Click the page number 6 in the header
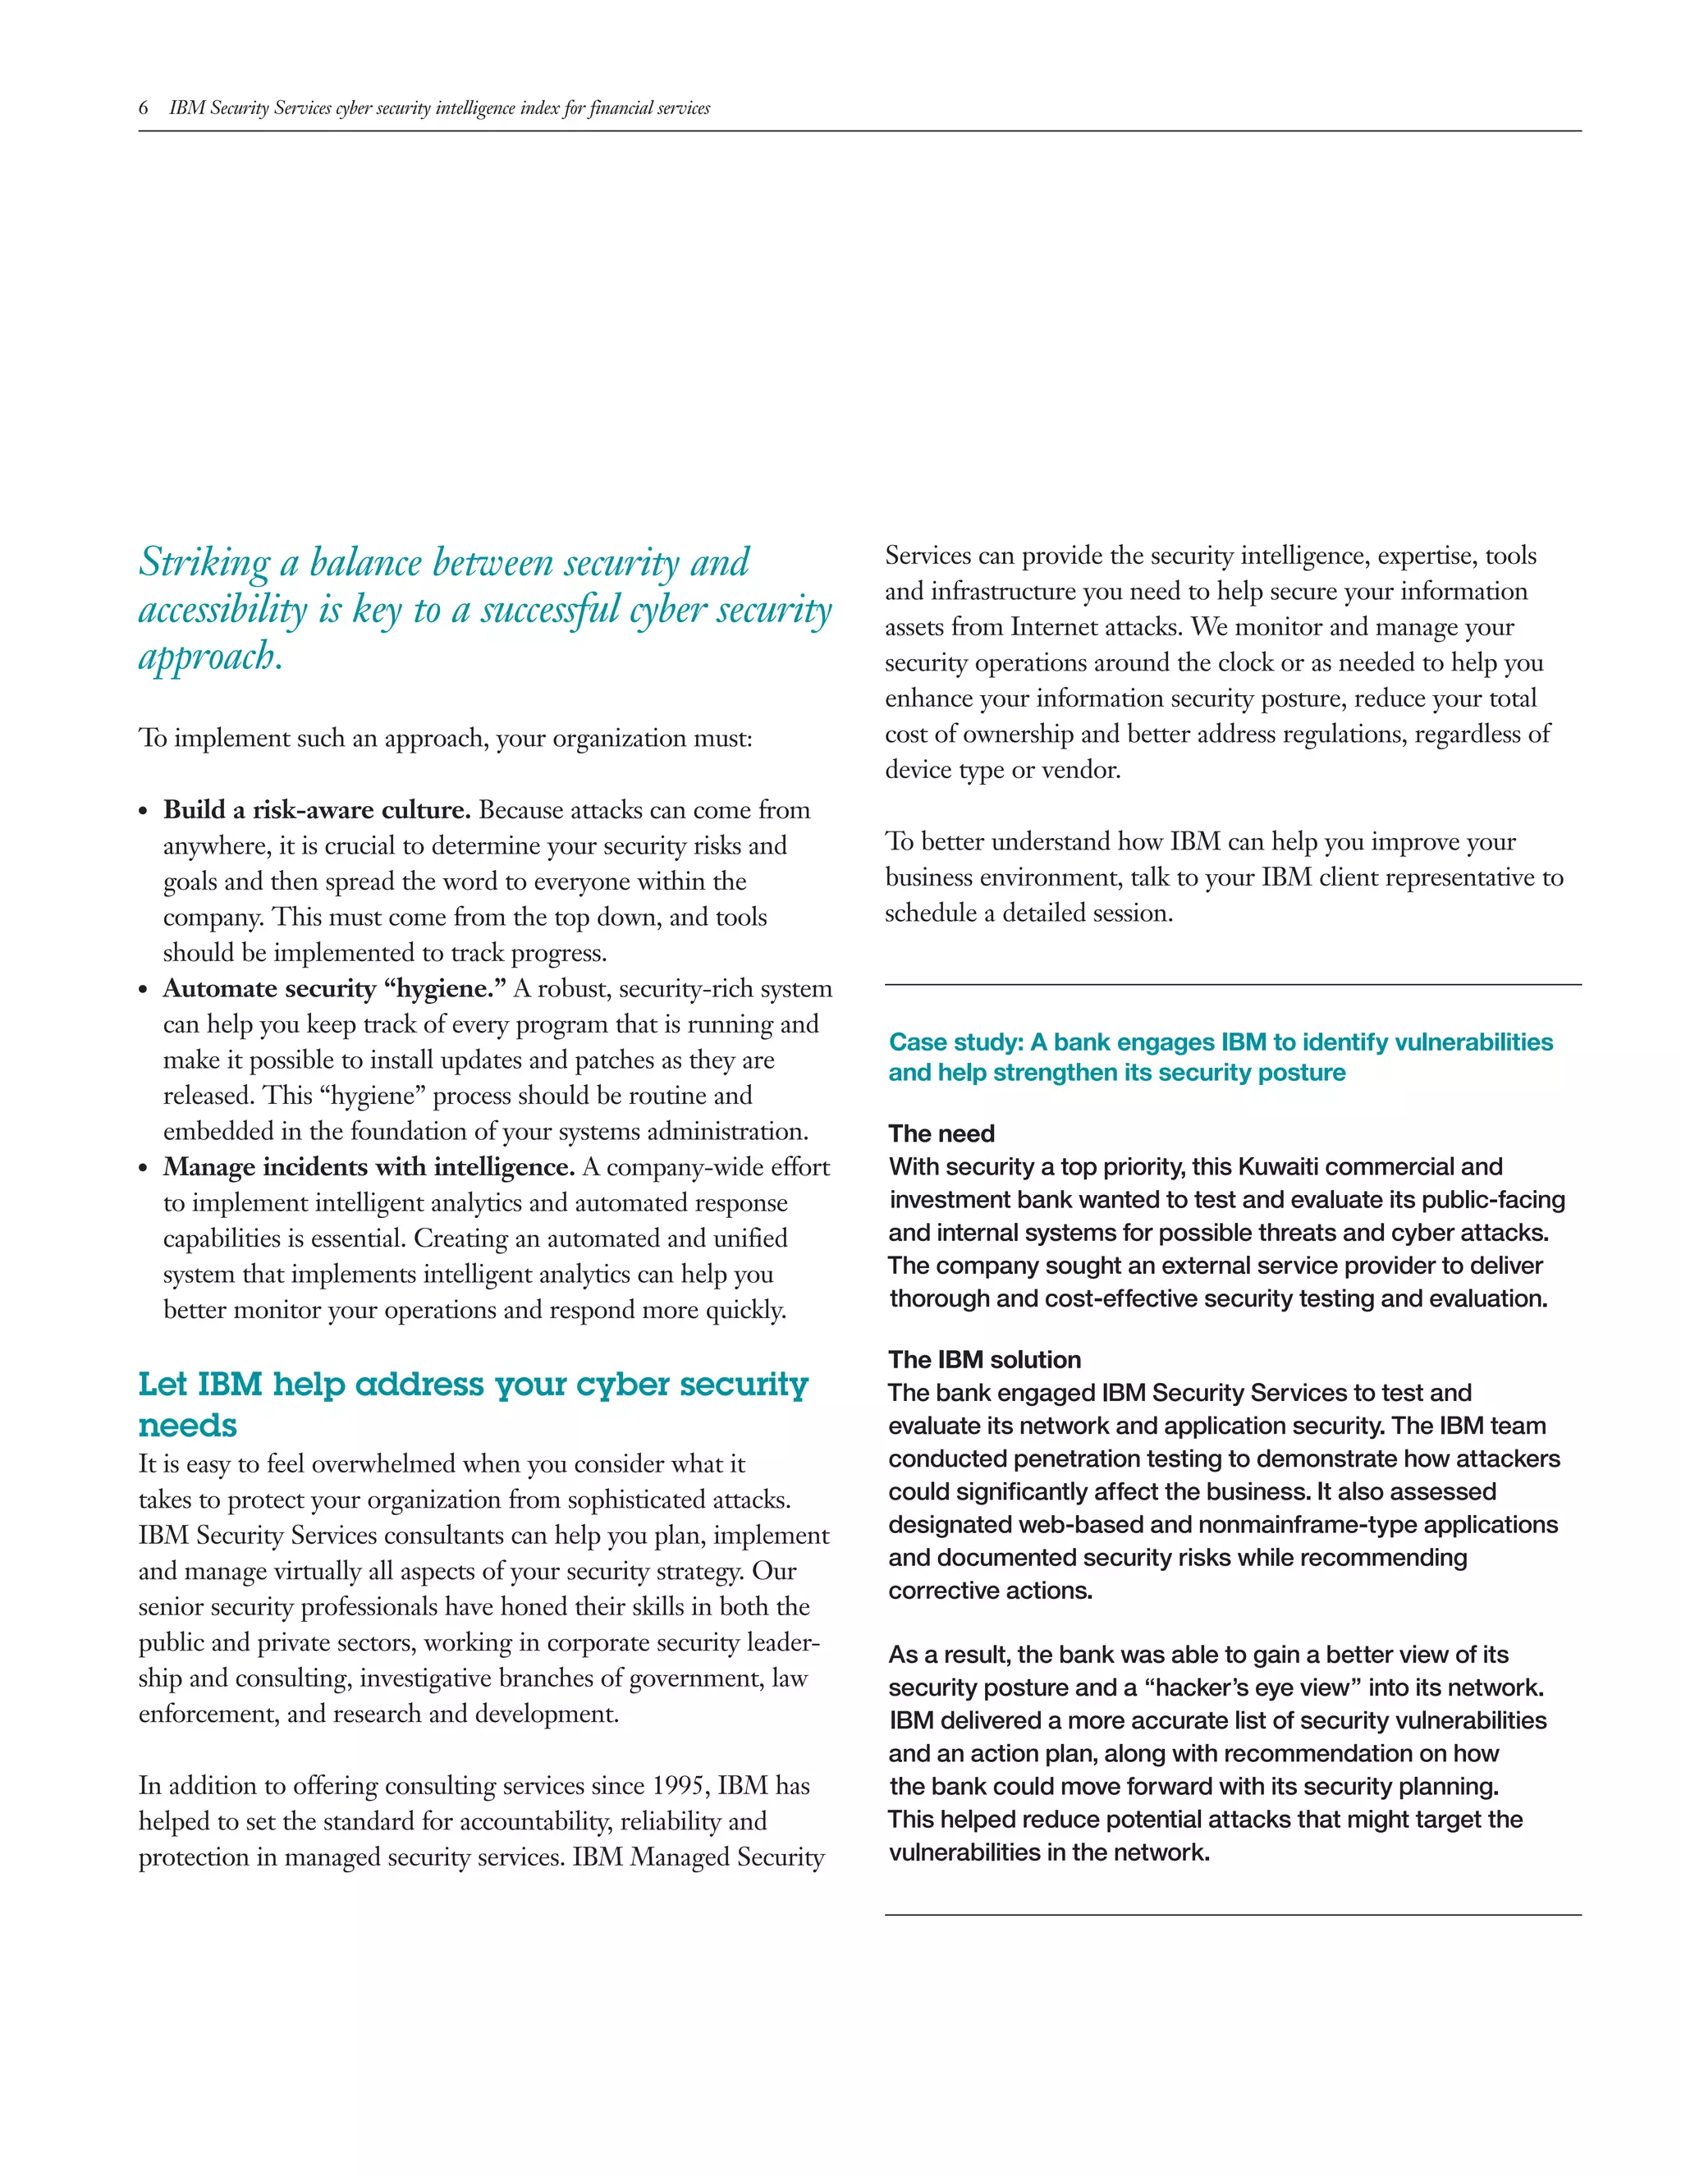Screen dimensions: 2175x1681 pos(144,108)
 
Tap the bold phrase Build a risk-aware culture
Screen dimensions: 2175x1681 pos(317,809)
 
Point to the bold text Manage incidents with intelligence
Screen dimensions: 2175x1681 pos(369,1167)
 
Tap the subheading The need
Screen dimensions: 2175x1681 pos(941,1133)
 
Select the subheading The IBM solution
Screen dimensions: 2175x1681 pos(984,1359)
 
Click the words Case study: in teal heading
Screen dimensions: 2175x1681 pos(956,1042)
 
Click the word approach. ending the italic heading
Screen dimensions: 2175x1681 pos(210,658)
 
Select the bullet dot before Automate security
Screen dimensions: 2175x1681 pos(144,991)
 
